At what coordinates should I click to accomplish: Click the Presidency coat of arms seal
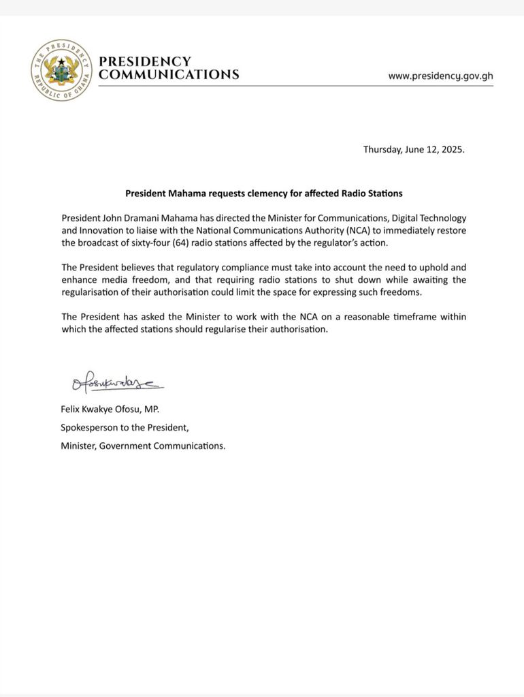60,69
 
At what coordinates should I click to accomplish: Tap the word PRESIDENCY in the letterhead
145,61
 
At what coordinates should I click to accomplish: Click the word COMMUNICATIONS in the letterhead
169,75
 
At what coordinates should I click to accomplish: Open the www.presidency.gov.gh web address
440,76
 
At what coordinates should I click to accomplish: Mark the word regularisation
93,292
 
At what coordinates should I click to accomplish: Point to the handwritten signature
116,386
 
